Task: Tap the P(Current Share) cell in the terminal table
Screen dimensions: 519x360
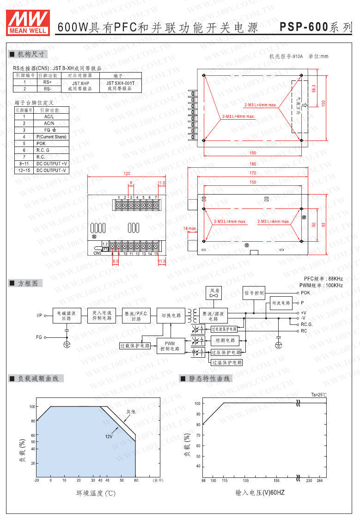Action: coord(52,137)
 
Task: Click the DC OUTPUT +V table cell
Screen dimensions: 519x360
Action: coord(52,164)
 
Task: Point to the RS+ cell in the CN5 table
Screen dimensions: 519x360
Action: coord(48,82)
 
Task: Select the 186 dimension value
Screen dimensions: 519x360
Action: coord(253,164)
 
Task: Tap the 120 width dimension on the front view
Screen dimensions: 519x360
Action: coord(127,174)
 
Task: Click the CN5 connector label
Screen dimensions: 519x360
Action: coord(97,253)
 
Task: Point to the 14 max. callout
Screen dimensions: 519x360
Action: coord(190,228)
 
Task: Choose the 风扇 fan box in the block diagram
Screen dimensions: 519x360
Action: coord(214,293)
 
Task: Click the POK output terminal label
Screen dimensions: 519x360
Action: coord(305,293)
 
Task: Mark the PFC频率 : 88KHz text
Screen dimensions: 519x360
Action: coord(323,279)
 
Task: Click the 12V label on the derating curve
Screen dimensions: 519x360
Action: coord(109,436)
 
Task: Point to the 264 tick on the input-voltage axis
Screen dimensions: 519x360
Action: coord(319,481)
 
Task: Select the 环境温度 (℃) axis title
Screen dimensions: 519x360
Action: coord(96,493)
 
